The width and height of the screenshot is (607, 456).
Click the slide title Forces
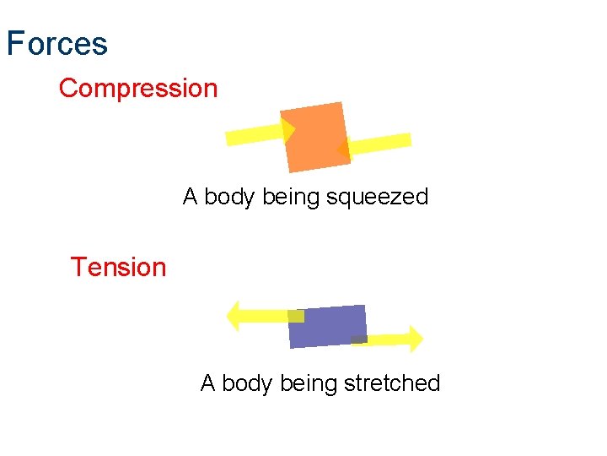point(57,44)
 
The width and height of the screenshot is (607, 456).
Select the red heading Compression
point(138,88)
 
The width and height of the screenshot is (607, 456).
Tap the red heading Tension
point(118,267)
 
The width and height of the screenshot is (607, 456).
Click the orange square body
point(315,136)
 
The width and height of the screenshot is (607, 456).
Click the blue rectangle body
point(328,326)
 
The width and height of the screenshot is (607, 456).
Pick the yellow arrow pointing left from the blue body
point(257,316)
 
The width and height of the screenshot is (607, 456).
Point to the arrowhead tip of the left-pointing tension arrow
point(228,316)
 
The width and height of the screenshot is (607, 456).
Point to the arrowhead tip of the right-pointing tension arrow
point(422,339)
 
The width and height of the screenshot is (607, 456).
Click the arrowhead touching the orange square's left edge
point(288,130)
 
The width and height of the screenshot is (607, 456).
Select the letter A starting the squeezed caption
point(191,198)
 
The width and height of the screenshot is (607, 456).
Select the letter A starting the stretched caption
point(208,383)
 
